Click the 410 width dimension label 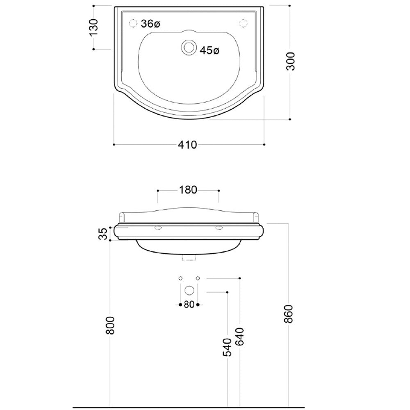[x=187, y=145]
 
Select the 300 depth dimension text [x=291, y=61]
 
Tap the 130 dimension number [x=93, y=27]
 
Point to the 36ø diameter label [x=150, y=24]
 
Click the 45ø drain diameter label [x=210, y=50]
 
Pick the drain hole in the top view [x=189, y=48]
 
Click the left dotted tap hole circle [x=133, y=23]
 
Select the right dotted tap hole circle [x=244, y=23]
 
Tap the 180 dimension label [x=188, y=190]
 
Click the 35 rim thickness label [x=104, y=234]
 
